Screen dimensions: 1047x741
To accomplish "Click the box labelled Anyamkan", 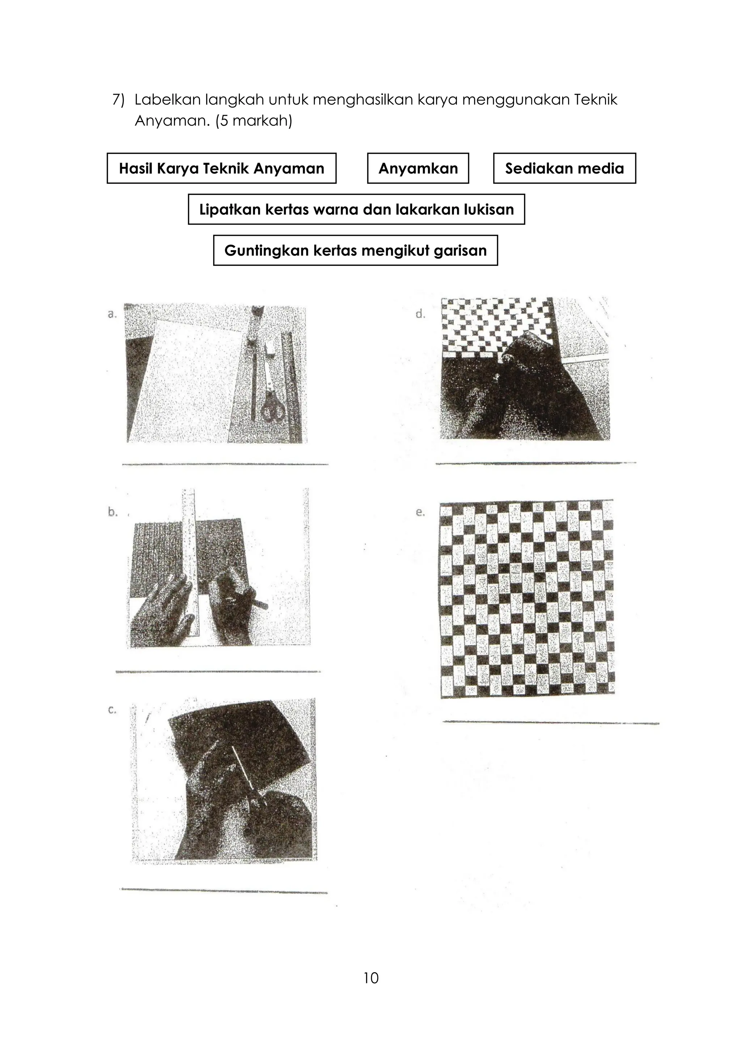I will (x=418, y=168).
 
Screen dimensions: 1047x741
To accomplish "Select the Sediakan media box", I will (x=564, y=168).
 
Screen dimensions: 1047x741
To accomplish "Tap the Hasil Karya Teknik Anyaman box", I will (x=221, y=168).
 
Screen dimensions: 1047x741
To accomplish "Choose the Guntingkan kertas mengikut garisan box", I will (x=355, y=250).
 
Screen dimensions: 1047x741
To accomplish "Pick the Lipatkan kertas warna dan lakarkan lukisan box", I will (x=356, y=209).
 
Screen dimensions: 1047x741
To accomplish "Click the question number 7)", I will (x=118, y=100).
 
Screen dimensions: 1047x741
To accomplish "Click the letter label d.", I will (x=421, y=314).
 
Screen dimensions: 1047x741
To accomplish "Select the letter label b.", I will (x=112, y=512).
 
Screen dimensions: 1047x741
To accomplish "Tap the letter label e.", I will (x=420, y=512).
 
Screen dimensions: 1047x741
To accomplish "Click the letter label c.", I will (x=112, y=710).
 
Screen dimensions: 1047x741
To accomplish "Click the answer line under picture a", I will (x=225, y=464).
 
